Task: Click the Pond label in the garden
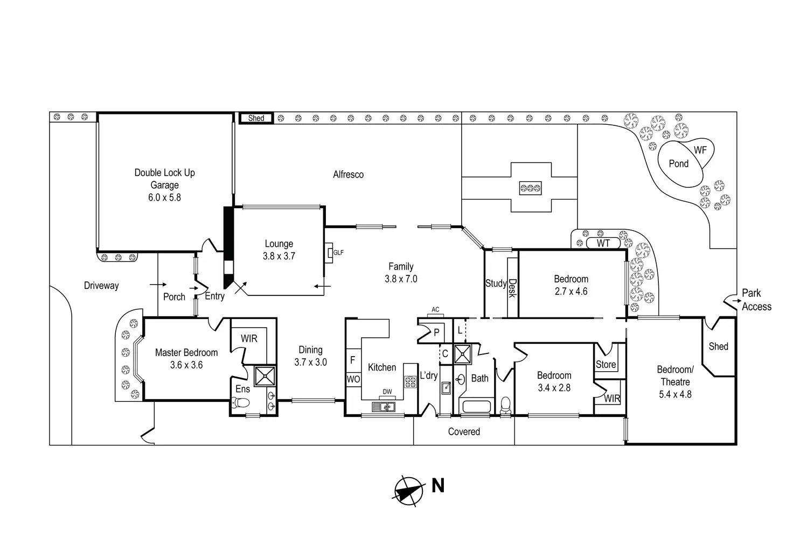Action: [x=678, y=164]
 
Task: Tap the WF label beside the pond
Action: [x=700, y=150]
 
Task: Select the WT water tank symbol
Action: [x=603, y=243]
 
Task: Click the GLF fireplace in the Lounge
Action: [x=329, y=252]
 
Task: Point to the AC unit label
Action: [x=435, y=309]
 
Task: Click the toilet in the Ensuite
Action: [x=240, y=402]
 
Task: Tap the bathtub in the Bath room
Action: [x=476, y=406]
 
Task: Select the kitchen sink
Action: [x=384, y=407]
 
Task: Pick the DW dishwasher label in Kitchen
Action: [x=387, y=392]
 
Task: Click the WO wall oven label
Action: [x=353, y=379]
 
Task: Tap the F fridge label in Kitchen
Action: [x=353, y=360]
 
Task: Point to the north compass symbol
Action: [x=409, y=491]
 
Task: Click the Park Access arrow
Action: [x=737, y=301]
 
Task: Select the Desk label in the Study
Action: [x=513, y=288]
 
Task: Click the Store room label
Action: [x=606, y=365]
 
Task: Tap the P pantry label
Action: [x=436, y=332]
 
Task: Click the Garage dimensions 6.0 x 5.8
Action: [x=165, y=197]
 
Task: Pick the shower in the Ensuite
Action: [x=265, y=376]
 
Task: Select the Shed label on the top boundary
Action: [x=256, y=118]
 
